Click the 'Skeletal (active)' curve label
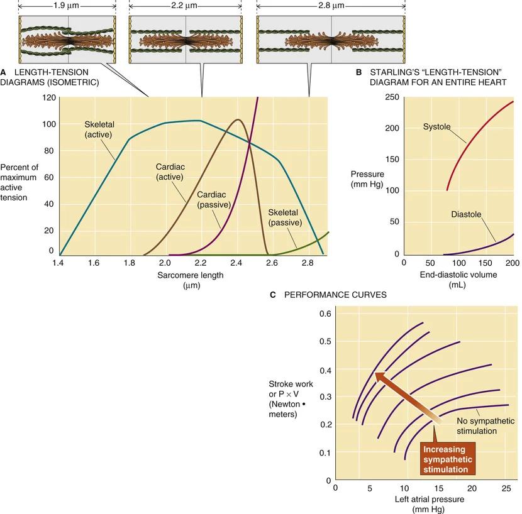coord(100,129)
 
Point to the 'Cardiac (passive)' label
coord(214,200)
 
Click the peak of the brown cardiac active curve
coord(238,119)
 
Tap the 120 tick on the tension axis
coord(49,97)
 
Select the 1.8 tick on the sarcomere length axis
coord(130,263)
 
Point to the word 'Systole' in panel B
coord(437,126)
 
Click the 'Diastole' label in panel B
coord(466,214)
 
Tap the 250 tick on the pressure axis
coord(392,97)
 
